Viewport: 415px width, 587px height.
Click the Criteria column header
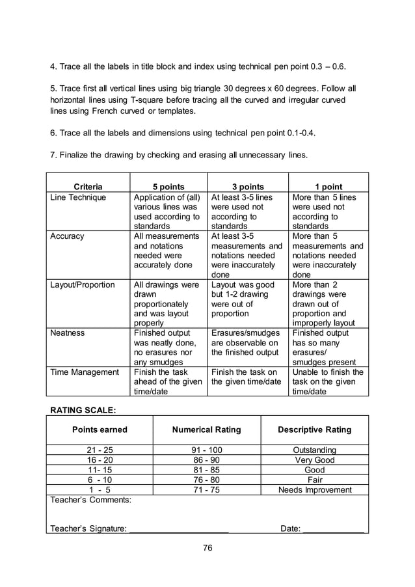point(88,187)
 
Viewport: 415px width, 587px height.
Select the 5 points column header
point(168,187)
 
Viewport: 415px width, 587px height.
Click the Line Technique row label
point(78,197)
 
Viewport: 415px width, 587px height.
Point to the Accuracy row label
point(67,236)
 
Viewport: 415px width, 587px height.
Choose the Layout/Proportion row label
point(82,284)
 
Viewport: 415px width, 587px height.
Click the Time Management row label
point(85,372)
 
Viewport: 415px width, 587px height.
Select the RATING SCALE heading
point(83,410)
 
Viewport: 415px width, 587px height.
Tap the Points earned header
point(100,430)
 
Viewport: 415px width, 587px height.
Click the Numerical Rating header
point(206,430)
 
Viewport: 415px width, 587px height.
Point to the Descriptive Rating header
point(314,430)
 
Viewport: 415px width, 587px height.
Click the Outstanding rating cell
point(315,450)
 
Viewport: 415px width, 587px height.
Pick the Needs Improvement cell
point(315,489)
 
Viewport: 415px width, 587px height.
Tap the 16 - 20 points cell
point(100,459)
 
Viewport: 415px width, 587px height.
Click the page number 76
point(207,547)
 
